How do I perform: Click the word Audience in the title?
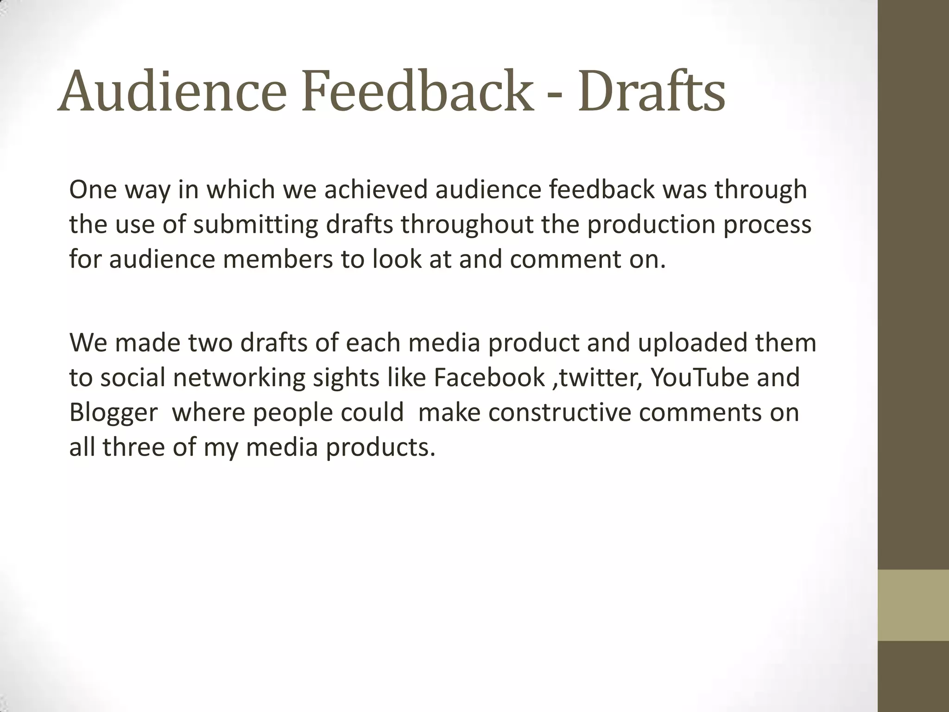[172, 91]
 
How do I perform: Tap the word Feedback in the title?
[417, 91]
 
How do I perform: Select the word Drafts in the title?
[651, 91]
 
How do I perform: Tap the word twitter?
[600, 377]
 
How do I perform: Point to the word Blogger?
[114, 413]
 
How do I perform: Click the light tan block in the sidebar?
[913, 605]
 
